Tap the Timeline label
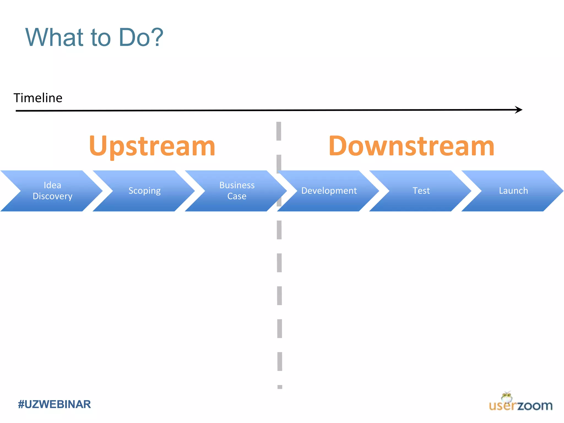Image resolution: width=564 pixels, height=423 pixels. [x=38, y=98]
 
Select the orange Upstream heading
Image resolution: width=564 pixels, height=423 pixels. [x=152, y=146]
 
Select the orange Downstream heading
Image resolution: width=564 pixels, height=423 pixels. [x=411, y=146]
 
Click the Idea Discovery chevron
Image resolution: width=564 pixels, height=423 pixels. [x=52, y=191]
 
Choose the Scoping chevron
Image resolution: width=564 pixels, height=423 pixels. [x=145, y=191]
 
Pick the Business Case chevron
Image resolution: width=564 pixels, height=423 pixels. [x=237, y=191]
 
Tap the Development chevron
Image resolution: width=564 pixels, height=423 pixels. [x=329, y=191]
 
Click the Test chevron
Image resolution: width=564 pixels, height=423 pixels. [x=421, y=191]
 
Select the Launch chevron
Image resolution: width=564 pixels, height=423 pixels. [x=513, y=191]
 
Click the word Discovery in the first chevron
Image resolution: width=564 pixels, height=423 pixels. [x=52, y=196]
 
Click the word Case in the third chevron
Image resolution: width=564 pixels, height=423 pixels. [x=237, y=196]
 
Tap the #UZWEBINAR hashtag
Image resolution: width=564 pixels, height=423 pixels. [x=54, y=404]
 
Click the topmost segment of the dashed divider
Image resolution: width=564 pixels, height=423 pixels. [x=279, y=131]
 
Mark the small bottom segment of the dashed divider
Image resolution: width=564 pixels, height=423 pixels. [x=280, y=387]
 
